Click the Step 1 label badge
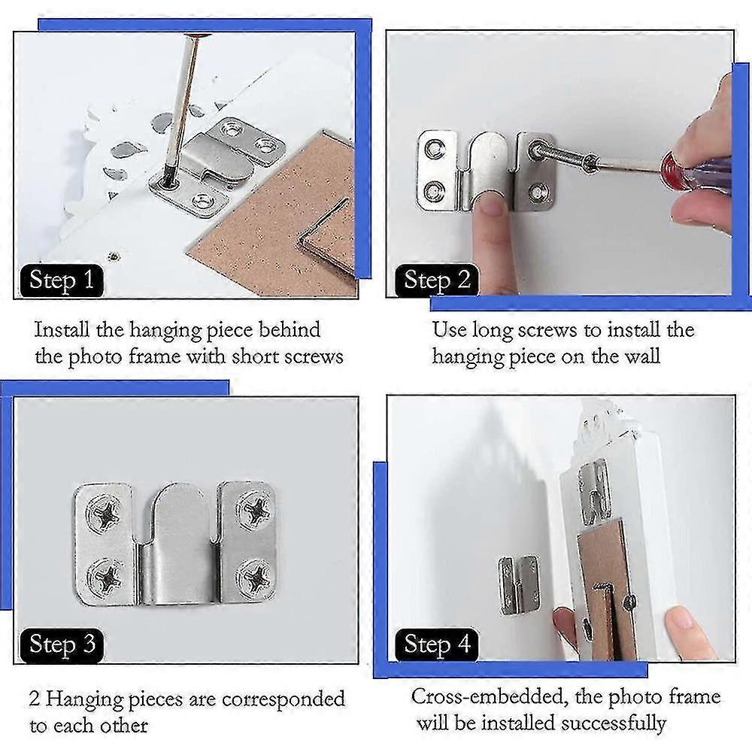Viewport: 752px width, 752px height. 62,280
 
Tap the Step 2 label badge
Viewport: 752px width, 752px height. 437,280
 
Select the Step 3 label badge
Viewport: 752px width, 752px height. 62,644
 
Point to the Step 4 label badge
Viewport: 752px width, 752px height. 437,644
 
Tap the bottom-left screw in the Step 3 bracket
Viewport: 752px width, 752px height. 105,578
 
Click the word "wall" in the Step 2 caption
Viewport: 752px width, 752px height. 638,356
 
